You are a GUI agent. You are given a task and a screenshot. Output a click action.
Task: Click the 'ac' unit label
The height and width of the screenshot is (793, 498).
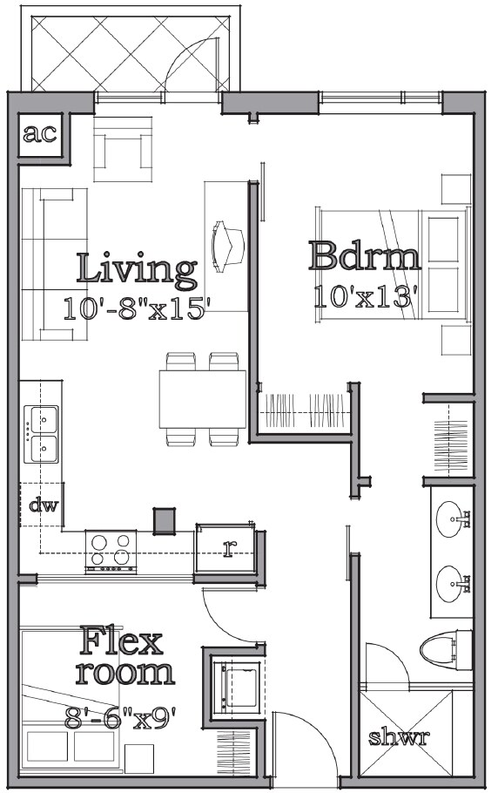coord(40,134)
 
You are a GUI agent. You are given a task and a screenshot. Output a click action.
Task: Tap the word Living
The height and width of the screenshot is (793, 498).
coord(136,269)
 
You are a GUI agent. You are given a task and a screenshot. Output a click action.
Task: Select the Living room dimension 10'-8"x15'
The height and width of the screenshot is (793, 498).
coord(137,308)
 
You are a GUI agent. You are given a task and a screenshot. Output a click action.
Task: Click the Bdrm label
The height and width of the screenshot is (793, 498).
coord(365,256)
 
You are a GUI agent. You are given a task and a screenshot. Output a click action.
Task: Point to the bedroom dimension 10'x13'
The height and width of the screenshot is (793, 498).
coord(373,295)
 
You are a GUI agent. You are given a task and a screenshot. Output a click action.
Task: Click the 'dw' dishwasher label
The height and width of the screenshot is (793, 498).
coord(43,506)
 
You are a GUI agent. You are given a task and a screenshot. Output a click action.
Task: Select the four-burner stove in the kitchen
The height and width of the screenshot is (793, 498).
coord(111,550)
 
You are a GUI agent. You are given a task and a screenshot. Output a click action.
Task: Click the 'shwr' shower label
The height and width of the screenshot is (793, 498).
coord(398,737)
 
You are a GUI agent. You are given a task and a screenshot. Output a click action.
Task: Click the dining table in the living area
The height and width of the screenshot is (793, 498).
coord(202,398)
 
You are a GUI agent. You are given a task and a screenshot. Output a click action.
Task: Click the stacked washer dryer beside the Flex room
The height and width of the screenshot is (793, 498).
coord(237,683)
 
